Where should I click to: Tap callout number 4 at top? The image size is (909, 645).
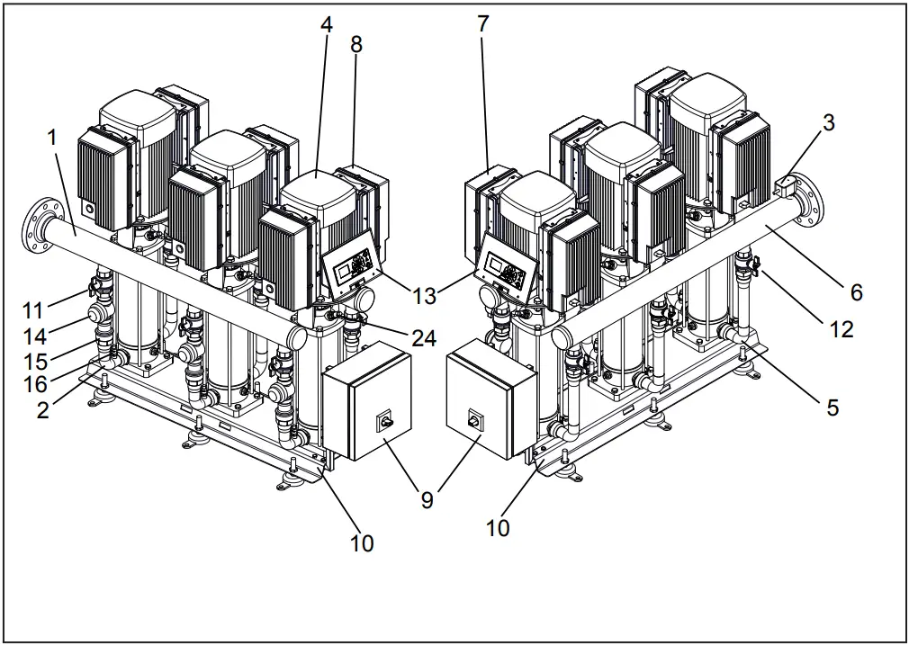[326, 25]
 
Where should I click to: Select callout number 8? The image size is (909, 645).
[356, 44]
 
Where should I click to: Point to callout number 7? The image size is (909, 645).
[483, 24]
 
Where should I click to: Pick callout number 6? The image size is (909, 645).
[856, 291]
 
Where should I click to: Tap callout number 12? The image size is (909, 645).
[841, 330]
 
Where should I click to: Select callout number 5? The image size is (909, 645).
[832, 408]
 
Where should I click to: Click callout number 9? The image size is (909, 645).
[427, 499]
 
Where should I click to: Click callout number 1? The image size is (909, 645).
[52, 137]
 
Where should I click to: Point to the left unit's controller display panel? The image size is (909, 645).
[351, 270]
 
